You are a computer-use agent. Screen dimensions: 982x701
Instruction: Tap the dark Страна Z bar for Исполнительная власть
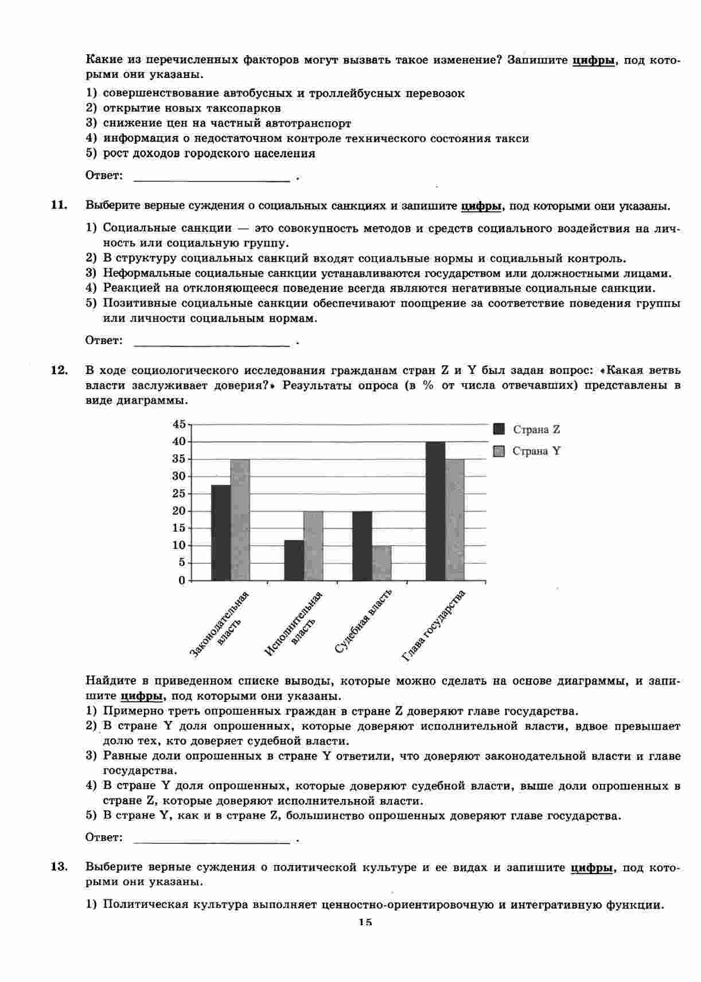tap(294, 560)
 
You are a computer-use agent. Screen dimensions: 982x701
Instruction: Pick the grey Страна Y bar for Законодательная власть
tap(240, 520)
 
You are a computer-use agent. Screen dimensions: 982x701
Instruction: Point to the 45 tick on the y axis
tap(180, 424)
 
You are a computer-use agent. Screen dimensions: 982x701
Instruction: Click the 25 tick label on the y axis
tap(180, 494)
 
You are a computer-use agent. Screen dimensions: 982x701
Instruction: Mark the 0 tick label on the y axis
tap(182, 580)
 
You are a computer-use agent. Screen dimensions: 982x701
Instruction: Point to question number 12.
tap(60, 370)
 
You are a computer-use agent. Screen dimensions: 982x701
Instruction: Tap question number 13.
tap(60, 867)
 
